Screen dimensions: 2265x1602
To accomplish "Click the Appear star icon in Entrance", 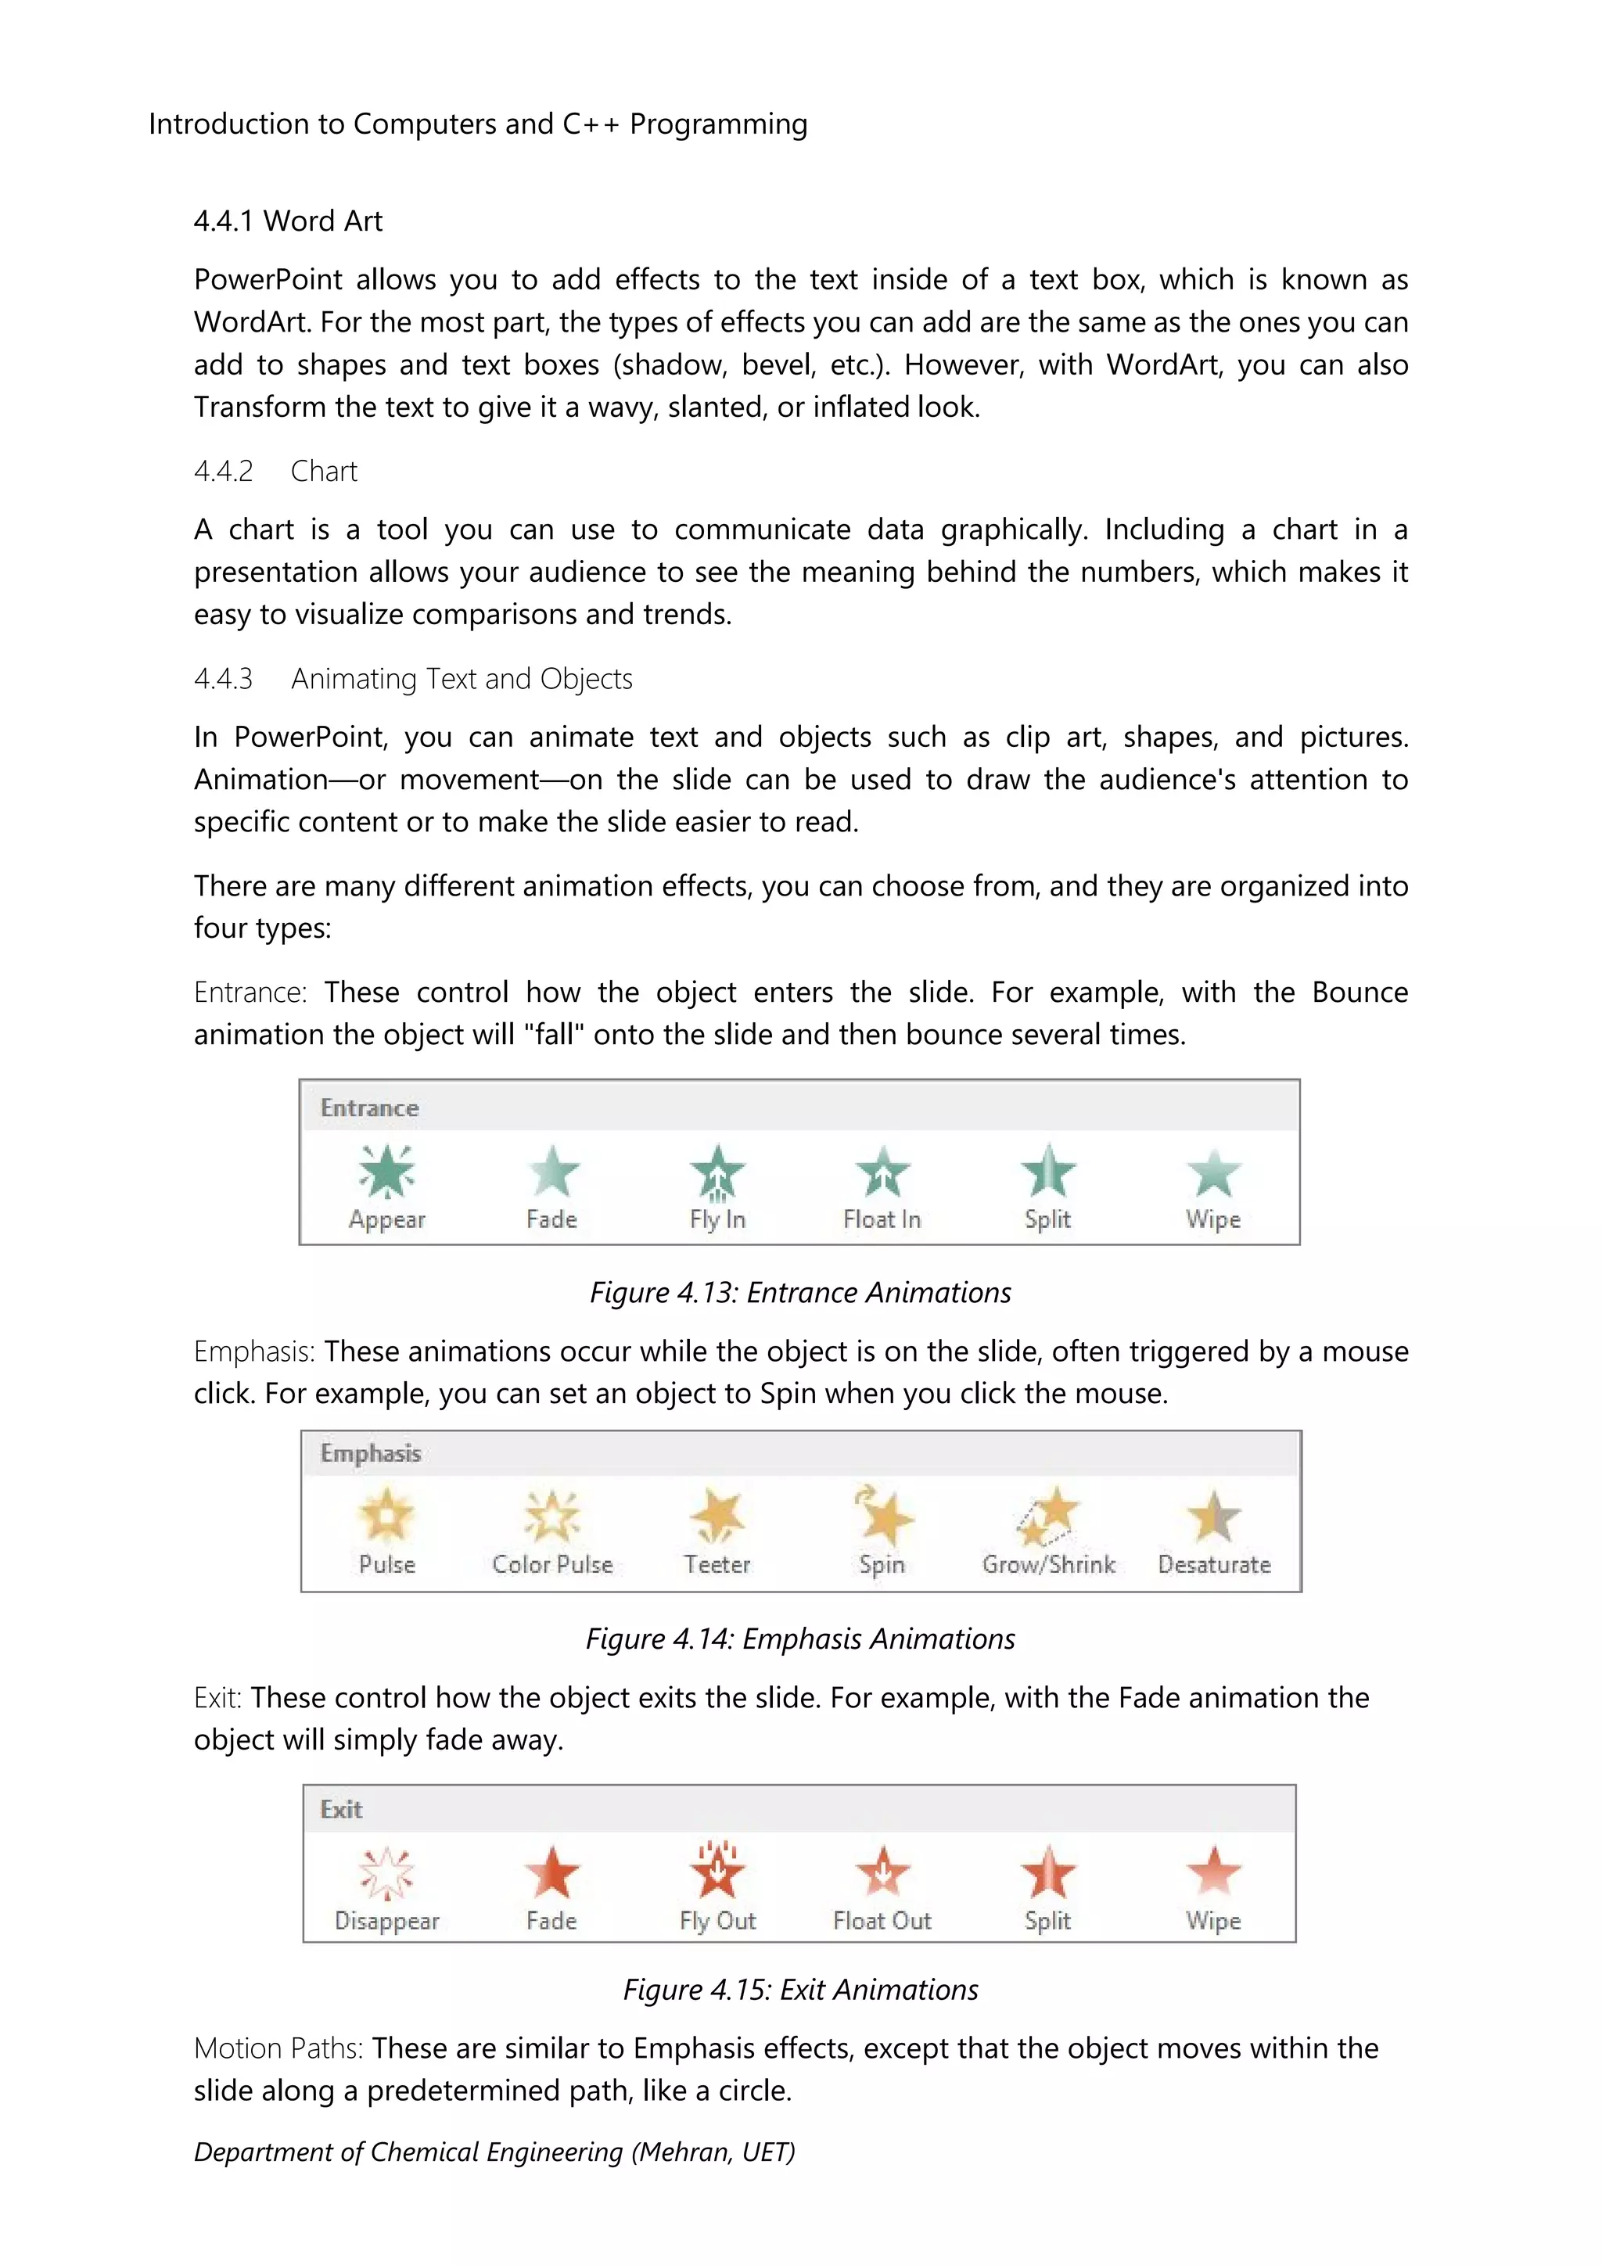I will point(386,1171).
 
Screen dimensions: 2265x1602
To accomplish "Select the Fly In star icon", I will point(717,1171).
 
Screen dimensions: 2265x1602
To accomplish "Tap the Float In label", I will point(882,1219).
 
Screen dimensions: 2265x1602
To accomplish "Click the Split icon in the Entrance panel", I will point(1047,1171).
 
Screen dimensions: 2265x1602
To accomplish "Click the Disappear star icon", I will point(386,1872).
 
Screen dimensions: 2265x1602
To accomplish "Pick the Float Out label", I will point(882,1921).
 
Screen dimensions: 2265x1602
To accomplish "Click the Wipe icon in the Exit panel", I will point(1213,1872).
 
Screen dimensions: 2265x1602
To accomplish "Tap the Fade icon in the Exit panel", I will point(551,1872).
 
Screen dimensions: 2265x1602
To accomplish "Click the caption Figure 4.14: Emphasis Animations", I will point(800,1639).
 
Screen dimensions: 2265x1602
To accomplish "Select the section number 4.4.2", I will point(223,472).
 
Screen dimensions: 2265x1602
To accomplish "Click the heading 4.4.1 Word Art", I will point(288,221).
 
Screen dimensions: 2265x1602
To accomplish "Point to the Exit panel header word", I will point(341,1809).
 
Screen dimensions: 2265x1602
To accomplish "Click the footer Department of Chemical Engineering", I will point(494,2152).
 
